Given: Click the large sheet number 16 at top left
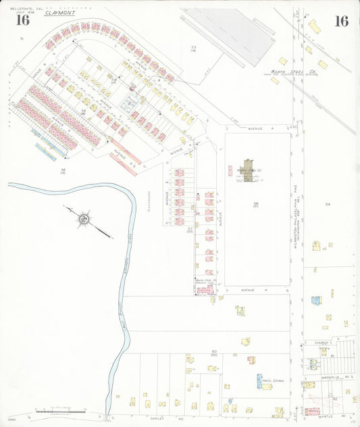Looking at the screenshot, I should tap(23, 20).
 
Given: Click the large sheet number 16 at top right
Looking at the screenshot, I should tap(341, 21).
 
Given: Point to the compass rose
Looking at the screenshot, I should tap(84, 218).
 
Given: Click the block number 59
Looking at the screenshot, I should tap(328, 204).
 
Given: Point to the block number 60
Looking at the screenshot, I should tap(213, 352).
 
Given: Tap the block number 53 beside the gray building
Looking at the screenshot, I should tap(193, 47).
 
